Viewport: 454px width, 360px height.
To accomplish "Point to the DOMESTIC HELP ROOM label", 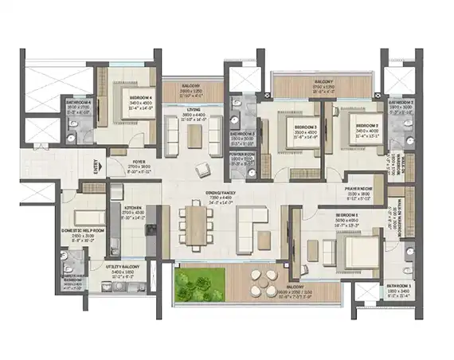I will (82, 229).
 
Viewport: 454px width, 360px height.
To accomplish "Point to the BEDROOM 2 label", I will (366, 126).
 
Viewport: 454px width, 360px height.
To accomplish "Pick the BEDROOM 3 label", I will (306, 127).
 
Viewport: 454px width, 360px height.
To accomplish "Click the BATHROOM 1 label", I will (399, 285).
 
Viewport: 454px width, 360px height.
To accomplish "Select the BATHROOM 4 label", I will (78, 102).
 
